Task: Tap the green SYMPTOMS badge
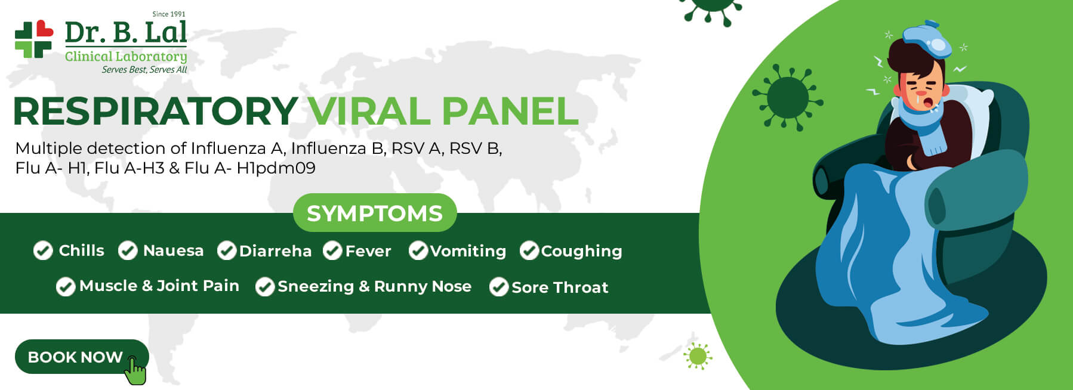375,213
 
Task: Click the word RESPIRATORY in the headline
155,112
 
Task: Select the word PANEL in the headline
510,112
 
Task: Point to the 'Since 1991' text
169,14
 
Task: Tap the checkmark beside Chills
43,251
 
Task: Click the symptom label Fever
368,251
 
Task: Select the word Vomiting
468,251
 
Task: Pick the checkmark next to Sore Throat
499,287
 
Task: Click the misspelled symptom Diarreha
275,251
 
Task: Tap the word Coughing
581,251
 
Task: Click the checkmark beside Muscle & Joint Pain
66,287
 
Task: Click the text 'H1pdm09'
276,168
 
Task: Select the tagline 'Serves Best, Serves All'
144,70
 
